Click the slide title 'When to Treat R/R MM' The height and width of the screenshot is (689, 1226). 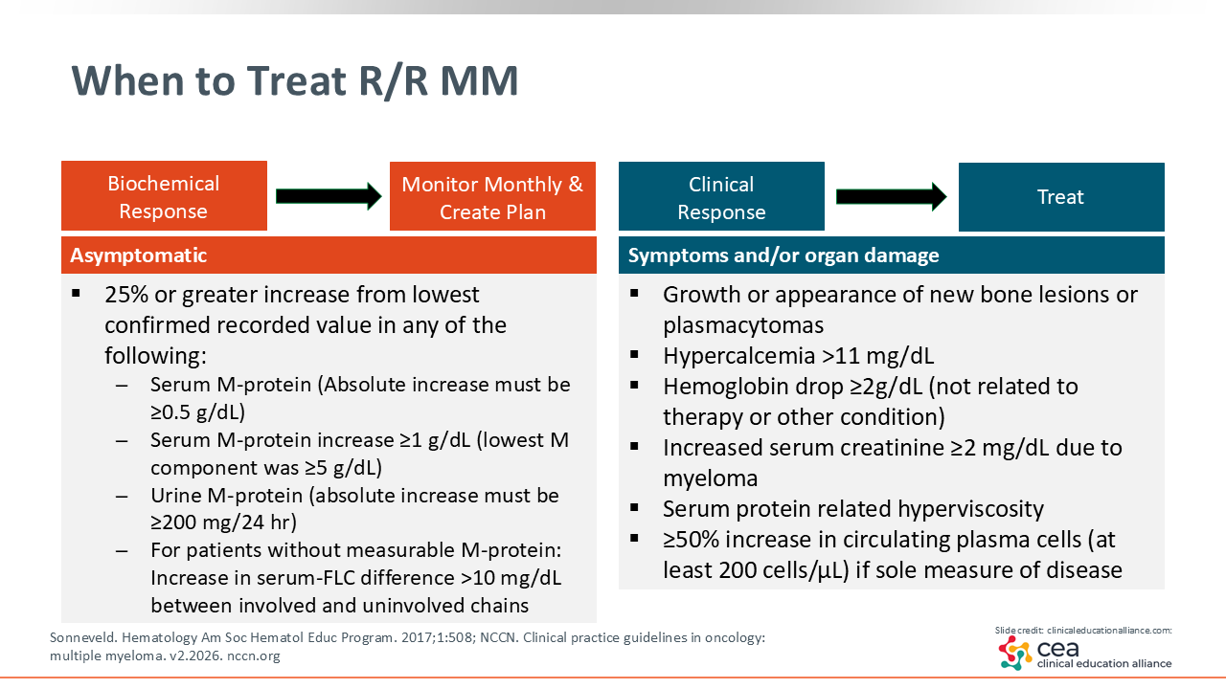point(294,81)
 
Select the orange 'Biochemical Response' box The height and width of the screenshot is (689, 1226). point(164,196)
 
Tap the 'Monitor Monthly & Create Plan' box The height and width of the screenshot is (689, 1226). point(492,196)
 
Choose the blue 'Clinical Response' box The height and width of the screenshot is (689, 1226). point(721,196)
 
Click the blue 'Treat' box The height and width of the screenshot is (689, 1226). point(1061,197)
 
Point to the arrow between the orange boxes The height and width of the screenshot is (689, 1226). point(329,196)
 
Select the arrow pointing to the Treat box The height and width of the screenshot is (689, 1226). point(891,196)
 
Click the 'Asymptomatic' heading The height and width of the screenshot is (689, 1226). point(139,256)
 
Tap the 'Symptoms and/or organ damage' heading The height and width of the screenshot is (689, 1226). point(783,256)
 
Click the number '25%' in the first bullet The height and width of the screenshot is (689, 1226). point(125,295)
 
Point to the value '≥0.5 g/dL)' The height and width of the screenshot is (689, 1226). point(197,411)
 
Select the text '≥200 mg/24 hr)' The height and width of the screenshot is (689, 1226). point(223,522)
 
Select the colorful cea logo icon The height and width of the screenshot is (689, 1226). point(1014,653)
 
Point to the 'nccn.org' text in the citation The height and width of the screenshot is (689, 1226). point(254,656)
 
